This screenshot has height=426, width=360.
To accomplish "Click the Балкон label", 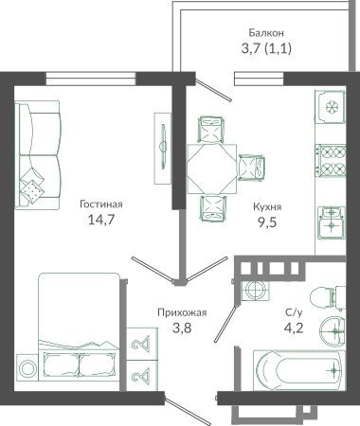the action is (266, 33).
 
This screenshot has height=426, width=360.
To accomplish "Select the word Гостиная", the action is (101, 204).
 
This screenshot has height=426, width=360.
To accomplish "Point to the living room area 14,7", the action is (101, 220).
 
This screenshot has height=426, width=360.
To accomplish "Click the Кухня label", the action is (267, 207).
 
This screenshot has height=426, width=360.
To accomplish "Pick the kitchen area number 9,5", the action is (267, 222).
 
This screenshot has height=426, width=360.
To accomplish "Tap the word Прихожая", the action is (182, 312).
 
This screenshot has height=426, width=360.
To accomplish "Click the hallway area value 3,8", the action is (182, 328).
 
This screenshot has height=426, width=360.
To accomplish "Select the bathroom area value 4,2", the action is (294, 328).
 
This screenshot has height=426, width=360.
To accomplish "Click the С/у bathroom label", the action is (294, 312).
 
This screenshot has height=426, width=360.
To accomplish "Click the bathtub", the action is (298, 370).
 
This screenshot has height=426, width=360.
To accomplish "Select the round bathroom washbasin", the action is (333, 331).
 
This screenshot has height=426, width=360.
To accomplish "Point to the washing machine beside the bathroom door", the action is (255, 290).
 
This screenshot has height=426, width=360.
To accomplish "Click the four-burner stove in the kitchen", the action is (331, 161).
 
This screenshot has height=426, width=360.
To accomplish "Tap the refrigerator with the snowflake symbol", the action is (331, 107).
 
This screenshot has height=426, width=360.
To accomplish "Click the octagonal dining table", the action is (211, 169).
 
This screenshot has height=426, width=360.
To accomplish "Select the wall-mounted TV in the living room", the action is (163, 148).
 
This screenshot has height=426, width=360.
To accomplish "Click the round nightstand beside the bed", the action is (27, 367).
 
